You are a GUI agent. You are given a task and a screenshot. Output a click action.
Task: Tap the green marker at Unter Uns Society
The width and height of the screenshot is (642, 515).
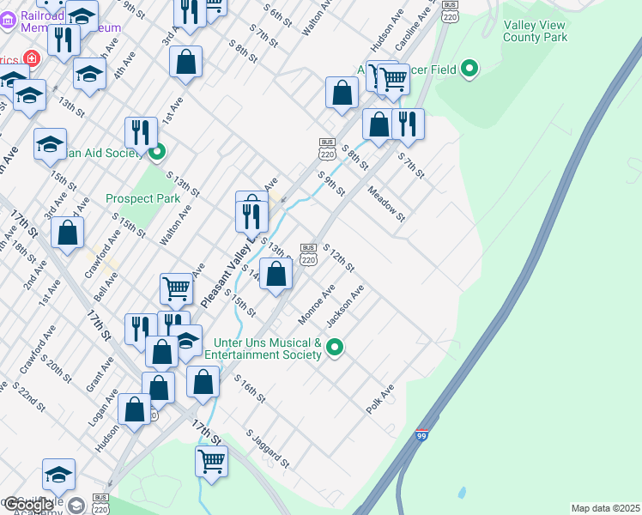click(336, 348)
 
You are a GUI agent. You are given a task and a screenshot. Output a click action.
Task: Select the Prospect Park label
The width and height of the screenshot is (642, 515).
click(142, 198)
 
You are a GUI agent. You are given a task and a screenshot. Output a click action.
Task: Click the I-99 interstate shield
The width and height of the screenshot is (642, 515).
click(421, 436)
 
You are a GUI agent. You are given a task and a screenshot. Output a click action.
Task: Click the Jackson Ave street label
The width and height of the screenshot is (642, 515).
click(345, 306)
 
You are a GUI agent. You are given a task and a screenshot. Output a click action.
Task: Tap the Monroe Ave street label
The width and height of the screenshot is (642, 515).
click(315, 306)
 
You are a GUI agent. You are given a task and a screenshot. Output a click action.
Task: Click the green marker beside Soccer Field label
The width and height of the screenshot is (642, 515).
click(469, 69)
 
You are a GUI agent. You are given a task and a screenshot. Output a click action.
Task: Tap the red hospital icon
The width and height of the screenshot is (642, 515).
click(32, 58)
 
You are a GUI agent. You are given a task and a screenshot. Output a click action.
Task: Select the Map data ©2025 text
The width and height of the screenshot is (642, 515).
click(605, 508)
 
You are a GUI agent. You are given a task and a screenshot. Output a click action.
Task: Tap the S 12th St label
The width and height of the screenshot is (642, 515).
click(338, 257)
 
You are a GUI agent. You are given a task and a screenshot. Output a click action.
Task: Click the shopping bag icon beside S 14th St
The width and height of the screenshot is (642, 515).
click(276, 274)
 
